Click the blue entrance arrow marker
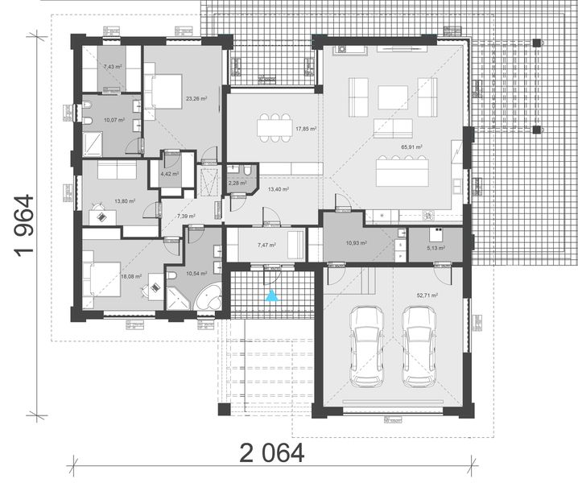point(274,296)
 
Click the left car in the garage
point(367,345)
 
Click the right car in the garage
point(419,345)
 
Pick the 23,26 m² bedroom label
point(196,99)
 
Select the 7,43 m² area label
point(113,67)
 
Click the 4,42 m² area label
point(169,173)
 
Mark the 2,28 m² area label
point(238,183)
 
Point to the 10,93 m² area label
point(357,242)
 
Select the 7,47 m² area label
point(266,246)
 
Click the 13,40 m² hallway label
point(279,189)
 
